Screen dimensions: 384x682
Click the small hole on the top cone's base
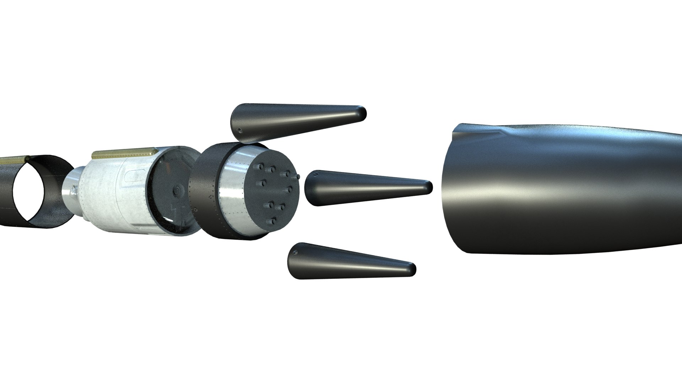point(240,129)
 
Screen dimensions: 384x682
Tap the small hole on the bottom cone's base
point(295,254)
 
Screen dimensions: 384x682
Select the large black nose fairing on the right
point(568,188)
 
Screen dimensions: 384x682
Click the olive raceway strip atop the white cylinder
point(124,153)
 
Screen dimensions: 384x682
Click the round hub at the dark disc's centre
point(176,192)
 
